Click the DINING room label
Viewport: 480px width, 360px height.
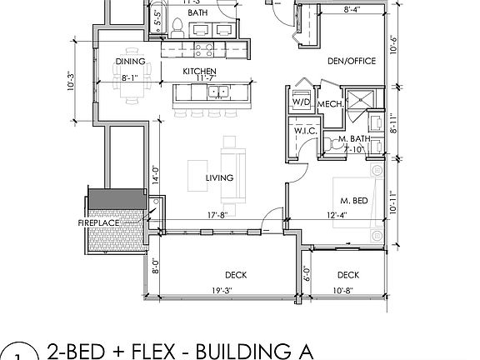(131, 61)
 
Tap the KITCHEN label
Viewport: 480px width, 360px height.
(200, 72)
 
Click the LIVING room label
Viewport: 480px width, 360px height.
(220, 177)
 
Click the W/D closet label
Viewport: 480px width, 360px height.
(299, 102)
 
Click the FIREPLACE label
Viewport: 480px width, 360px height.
(98, 224)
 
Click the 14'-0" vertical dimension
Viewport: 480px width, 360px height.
(154, 177)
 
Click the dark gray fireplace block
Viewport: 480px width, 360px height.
(117, 200)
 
